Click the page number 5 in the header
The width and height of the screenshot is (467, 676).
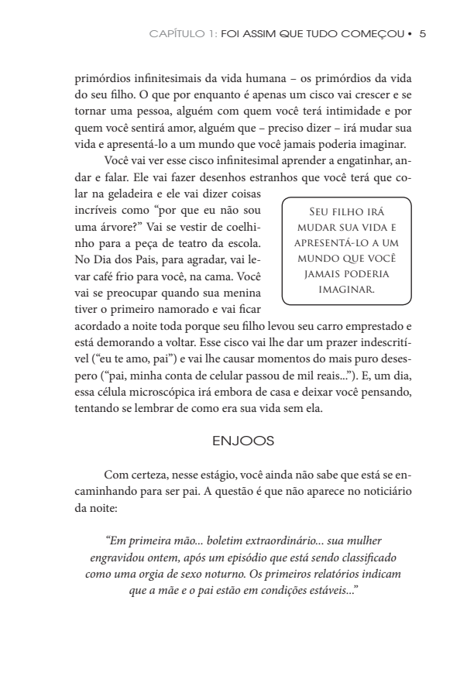422,34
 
